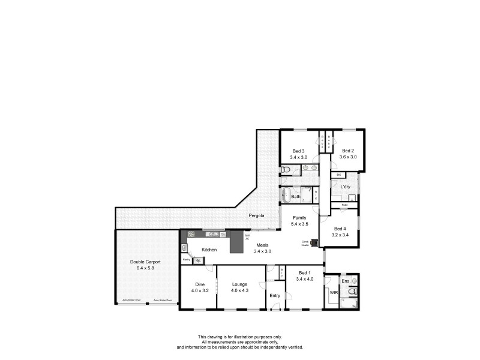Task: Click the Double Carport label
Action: click(145, 262)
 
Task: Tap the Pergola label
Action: click(258, 214)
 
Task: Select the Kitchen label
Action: click(209, 248)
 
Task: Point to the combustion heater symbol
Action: click(312, 242)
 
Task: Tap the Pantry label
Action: click(186, 260)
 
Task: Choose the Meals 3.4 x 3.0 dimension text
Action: click(263, 251)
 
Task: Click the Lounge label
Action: click(241, 285)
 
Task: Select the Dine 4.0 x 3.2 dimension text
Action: click(199, 290)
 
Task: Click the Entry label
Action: click(275, 295)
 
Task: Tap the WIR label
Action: click(334, 292)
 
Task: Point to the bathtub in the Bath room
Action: click(284, 196)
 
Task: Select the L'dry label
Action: click(346, 187)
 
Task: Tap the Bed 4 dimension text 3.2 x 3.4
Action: click(340, 235)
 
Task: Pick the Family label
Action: click(300, 217)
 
